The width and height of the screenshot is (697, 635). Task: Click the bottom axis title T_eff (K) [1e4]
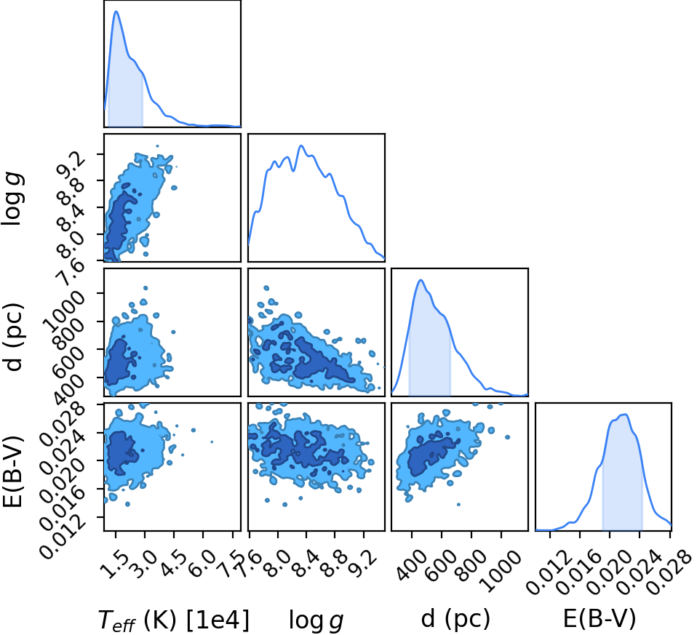pos(174,620)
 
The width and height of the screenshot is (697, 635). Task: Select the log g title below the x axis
pos(316,620)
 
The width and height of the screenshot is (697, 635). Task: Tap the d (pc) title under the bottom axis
pos(455,618)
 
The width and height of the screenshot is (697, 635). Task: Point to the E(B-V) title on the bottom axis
pos(600,618)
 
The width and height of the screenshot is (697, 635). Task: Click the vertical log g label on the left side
pos(13,199)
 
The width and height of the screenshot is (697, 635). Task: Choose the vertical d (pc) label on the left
pos(12,337)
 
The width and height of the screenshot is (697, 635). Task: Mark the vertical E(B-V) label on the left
pos(12,470)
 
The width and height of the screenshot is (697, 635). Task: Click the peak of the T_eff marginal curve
pos(116,11)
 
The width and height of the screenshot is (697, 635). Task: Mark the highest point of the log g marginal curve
pos(301,145)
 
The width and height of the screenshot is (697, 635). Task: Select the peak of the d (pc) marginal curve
pos(421,280)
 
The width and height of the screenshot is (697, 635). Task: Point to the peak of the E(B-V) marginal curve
pos(626,415)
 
